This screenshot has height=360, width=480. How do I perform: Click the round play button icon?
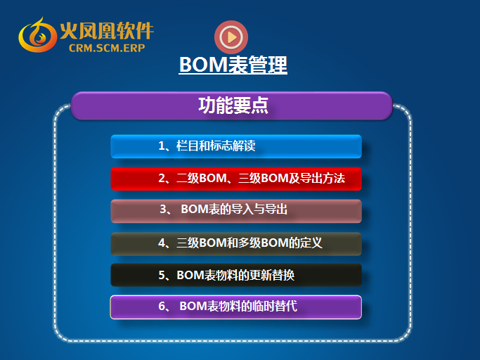(x=231, y=37)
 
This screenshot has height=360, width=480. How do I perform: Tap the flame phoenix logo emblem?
(x=37, y=35)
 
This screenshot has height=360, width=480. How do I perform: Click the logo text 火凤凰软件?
(x=107, y=31)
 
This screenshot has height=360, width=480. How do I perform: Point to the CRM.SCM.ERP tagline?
(x=107, y=48)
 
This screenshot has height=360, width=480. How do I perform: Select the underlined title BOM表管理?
(x=233, y=65)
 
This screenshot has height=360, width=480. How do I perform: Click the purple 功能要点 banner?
(x=231, y=105)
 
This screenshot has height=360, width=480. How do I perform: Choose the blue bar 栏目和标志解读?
(x=236, y=146)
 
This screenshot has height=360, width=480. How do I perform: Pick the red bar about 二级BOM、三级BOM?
(x=236, y=179)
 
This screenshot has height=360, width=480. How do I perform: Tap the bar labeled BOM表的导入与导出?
(x=236, y=211)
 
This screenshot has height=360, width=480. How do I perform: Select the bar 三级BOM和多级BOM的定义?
(x=236, y=244)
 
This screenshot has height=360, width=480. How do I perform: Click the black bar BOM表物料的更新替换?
(x=236, y=275)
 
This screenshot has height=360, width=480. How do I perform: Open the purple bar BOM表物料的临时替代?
(x=236, y=307)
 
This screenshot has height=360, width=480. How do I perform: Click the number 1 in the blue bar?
(x=162, y=146)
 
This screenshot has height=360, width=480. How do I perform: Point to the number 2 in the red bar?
(x=162, y=179)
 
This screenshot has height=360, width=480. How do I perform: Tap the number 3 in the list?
(x=163, y=210)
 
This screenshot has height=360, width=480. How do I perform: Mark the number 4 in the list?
(x=162, y=243)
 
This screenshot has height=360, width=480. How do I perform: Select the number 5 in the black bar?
(x=162, y=275)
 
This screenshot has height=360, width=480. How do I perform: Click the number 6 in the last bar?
(x=162, y=306)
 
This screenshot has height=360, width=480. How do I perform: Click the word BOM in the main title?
(x=204, y=65)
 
